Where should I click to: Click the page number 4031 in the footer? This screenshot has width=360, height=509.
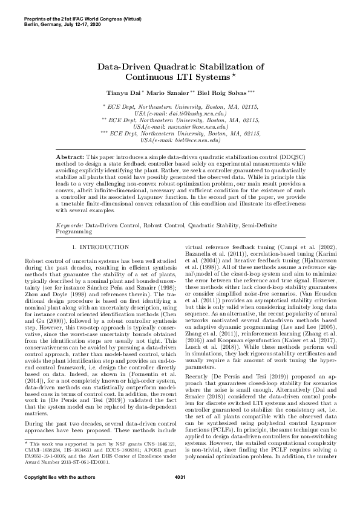(180, 495)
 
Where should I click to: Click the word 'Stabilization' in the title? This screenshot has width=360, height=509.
(231, 66)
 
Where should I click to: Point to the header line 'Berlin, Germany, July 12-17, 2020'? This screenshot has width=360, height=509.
(67, 14)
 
